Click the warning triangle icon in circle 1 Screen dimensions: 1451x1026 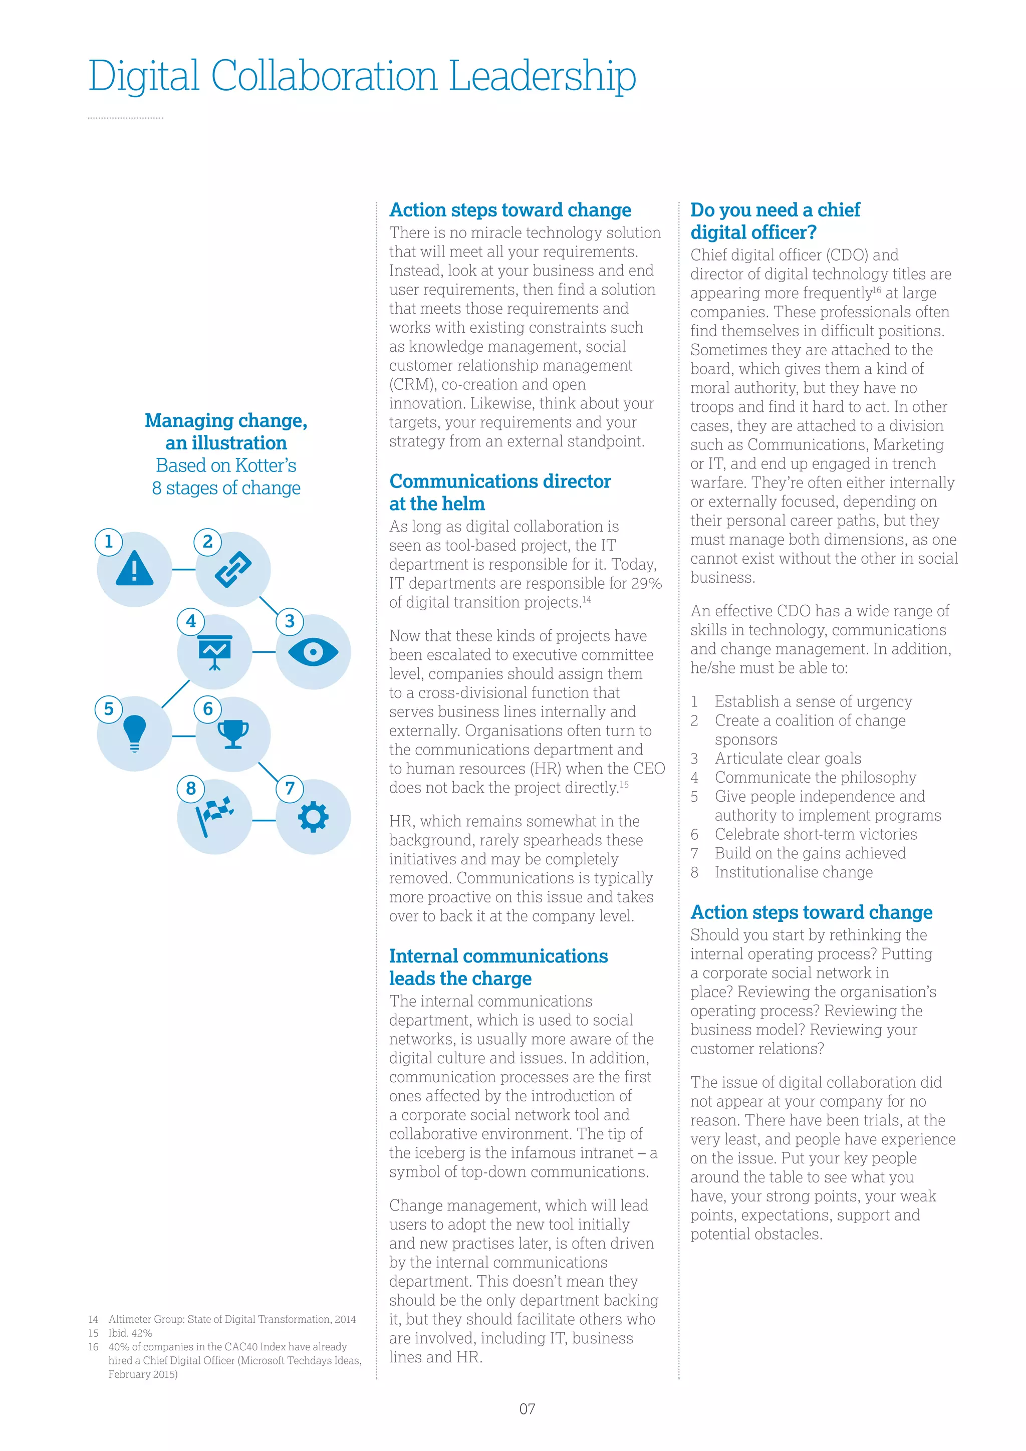[135, 568]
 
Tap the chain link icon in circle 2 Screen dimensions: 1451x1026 [233, 569]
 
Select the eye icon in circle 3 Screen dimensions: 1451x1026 [313, 651]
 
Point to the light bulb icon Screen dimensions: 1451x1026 [135, 733]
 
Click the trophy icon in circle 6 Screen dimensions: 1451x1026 [233, 734]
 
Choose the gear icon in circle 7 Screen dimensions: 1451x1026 [313, 817]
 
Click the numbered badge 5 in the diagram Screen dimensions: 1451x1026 [109, 708]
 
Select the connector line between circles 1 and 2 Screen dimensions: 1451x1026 [184, 569]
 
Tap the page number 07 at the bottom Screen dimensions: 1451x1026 [527, 1408]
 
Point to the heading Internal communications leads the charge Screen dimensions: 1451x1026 [498, 967]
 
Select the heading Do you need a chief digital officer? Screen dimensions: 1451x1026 [775, 220]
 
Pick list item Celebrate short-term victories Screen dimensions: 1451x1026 [815, 834]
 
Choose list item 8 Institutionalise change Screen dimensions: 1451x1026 [793, 872]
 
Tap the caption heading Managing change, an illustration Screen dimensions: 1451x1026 [226, 431]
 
